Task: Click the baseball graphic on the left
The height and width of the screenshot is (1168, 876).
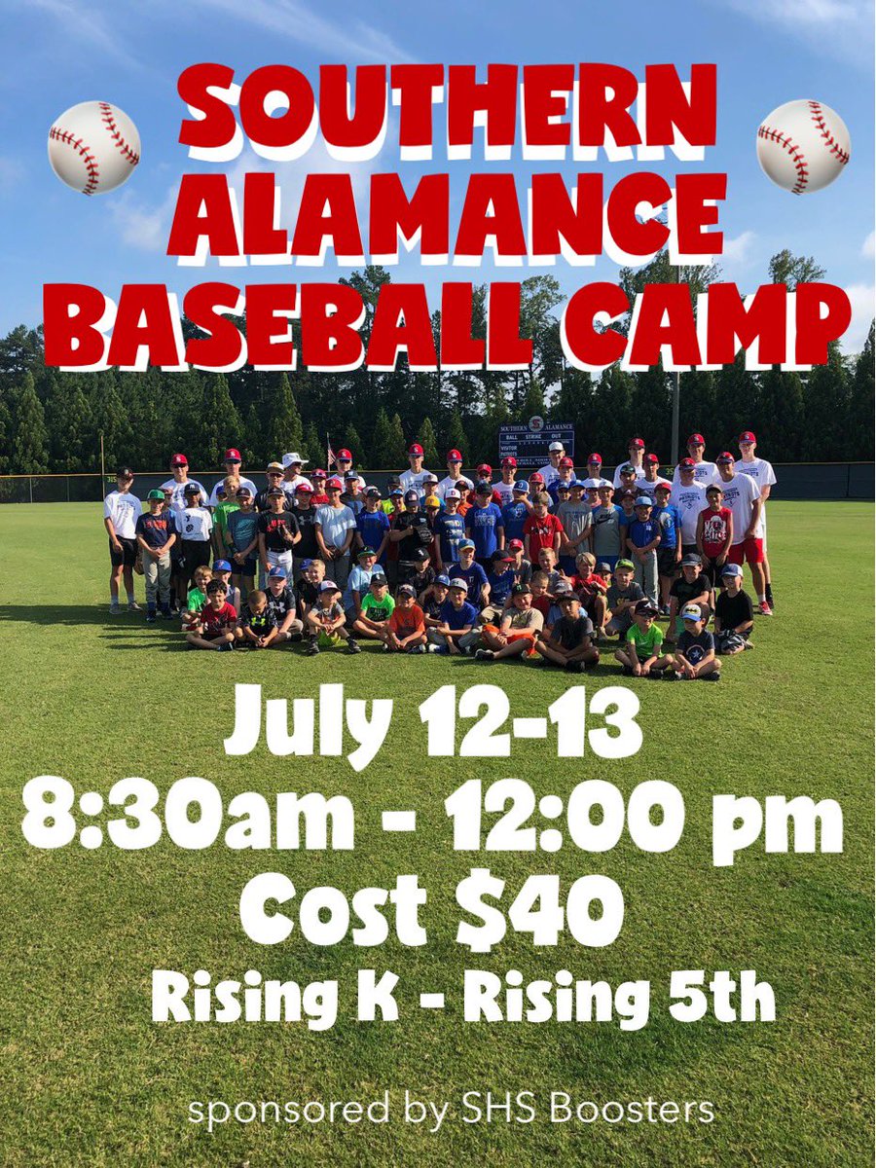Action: click(93, 147)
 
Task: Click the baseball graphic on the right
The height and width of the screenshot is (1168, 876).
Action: click(803, 146)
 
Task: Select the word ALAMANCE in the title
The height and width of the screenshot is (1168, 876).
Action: click(447, 215)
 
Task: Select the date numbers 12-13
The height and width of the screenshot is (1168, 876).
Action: click(530, 722)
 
